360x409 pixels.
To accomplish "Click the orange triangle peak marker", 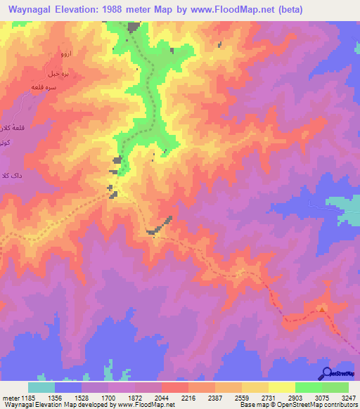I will coord(322,308).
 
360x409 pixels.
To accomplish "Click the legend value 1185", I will coord(29,398).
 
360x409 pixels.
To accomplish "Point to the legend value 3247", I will coord(348,398).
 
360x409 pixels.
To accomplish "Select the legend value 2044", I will coord(161,398).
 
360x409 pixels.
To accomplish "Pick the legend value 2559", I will coord(242,398).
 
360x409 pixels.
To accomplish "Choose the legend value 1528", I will coord(82,398).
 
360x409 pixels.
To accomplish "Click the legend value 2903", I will coord(295,398).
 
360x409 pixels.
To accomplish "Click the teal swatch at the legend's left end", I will coord(41,387).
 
